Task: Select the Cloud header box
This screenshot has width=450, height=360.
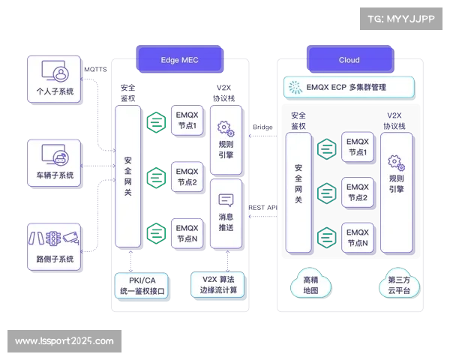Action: [349, 59]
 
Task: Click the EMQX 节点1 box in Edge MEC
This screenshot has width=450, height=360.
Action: [186, 120]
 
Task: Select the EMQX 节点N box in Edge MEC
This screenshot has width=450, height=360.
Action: [186, 233]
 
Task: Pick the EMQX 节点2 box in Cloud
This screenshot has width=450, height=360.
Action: [358, 192]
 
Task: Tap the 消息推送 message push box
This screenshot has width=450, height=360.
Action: [226, 213]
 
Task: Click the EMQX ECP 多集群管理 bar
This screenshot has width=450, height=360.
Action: [349, 88]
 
